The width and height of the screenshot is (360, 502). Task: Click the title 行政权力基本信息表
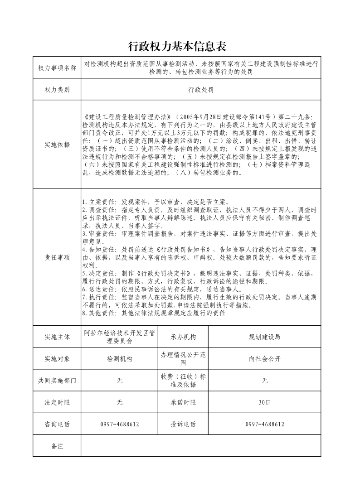pos(177,47)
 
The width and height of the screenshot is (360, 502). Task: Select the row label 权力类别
pos(57,90)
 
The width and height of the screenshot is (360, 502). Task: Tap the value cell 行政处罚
pos(201,90)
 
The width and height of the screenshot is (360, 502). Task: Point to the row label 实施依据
pos(57,145)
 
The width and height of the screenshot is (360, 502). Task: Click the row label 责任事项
pos(57,257)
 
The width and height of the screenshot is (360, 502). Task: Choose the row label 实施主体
pos(57,337)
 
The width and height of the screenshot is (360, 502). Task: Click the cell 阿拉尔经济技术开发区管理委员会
pos(119,337)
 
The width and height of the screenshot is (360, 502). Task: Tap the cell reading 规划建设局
pos(265,337)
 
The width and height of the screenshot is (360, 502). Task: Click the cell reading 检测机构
pos(119,359)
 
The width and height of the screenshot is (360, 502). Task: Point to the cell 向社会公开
pos(265,359)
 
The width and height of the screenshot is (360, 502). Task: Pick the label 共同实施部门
pos(57,381)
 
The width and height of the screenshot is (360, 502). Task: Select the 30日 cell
pos(265,402)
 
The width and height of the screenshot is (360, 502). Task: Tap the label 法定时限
pos(57,402)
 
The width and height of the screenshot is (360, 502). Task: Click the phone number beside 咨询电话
pos(119,425)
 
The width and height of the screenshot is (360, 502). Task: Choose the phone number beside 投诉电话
pos(265,425)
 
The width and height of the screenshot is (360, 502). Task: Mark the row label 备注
pos(57,446)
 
